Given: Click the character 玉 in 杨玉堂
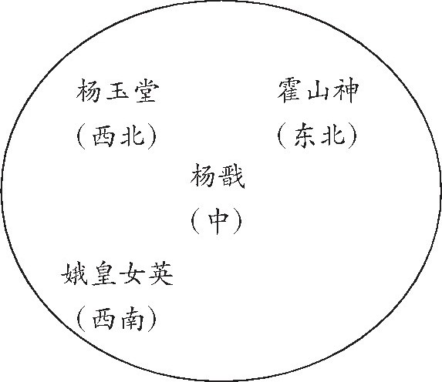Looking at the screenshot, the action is [117, 90].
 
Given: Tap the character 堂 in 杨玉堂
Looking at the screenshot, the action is [147, 90].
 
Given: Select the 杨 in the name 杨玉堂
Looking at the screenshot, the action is [88, 90].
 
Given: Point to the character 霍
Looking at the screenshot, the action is [289, 91].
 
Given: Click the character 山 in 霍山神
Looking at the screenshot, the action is [318, 91].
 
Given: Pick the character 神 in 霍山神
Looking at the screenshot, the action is [346, 91].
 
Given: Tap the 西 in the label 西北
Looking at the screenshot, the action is [103, 136].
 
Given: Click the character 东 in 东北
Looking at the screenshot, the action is [305, 136].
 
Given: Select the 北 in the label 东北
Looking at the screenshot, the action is [333, 136].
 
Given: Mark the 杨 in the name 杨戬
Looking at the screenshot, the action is [203, 176].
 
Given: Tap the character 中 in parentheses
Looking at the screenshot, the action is [218, 221].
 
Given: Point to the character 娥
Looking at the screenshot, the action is [73, 273].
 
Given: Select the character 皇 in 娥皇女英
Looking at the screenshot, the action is [103, 273].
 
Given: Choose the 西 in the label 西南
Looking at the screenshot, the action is [103, 320].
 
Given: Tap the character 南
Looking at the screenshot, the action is [133, 319].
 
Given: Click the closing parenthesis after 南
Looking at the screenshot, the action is [153, 319].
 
